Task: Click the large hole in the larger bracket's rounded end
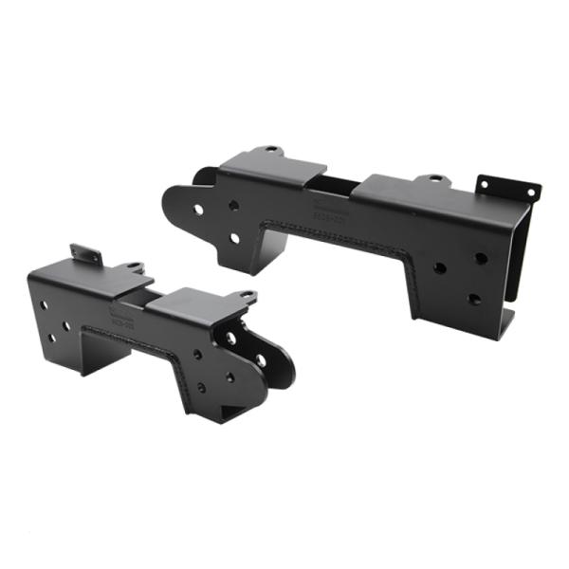click(197, 209)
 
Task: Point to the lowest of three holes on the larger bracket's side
click(473, 299)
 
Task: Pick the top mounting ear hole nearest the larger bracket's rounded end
click(271, 150)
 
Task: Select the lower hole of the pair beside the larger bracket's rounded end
click(234, 238)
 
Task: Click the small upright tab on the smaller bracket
click(85, 254)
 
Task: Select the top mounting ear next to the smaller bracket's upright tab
click(133, 267)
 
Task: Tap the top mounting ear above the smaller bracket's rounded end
click(246, 297)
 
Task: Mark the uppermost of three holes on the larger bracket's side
click(481, 257)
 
